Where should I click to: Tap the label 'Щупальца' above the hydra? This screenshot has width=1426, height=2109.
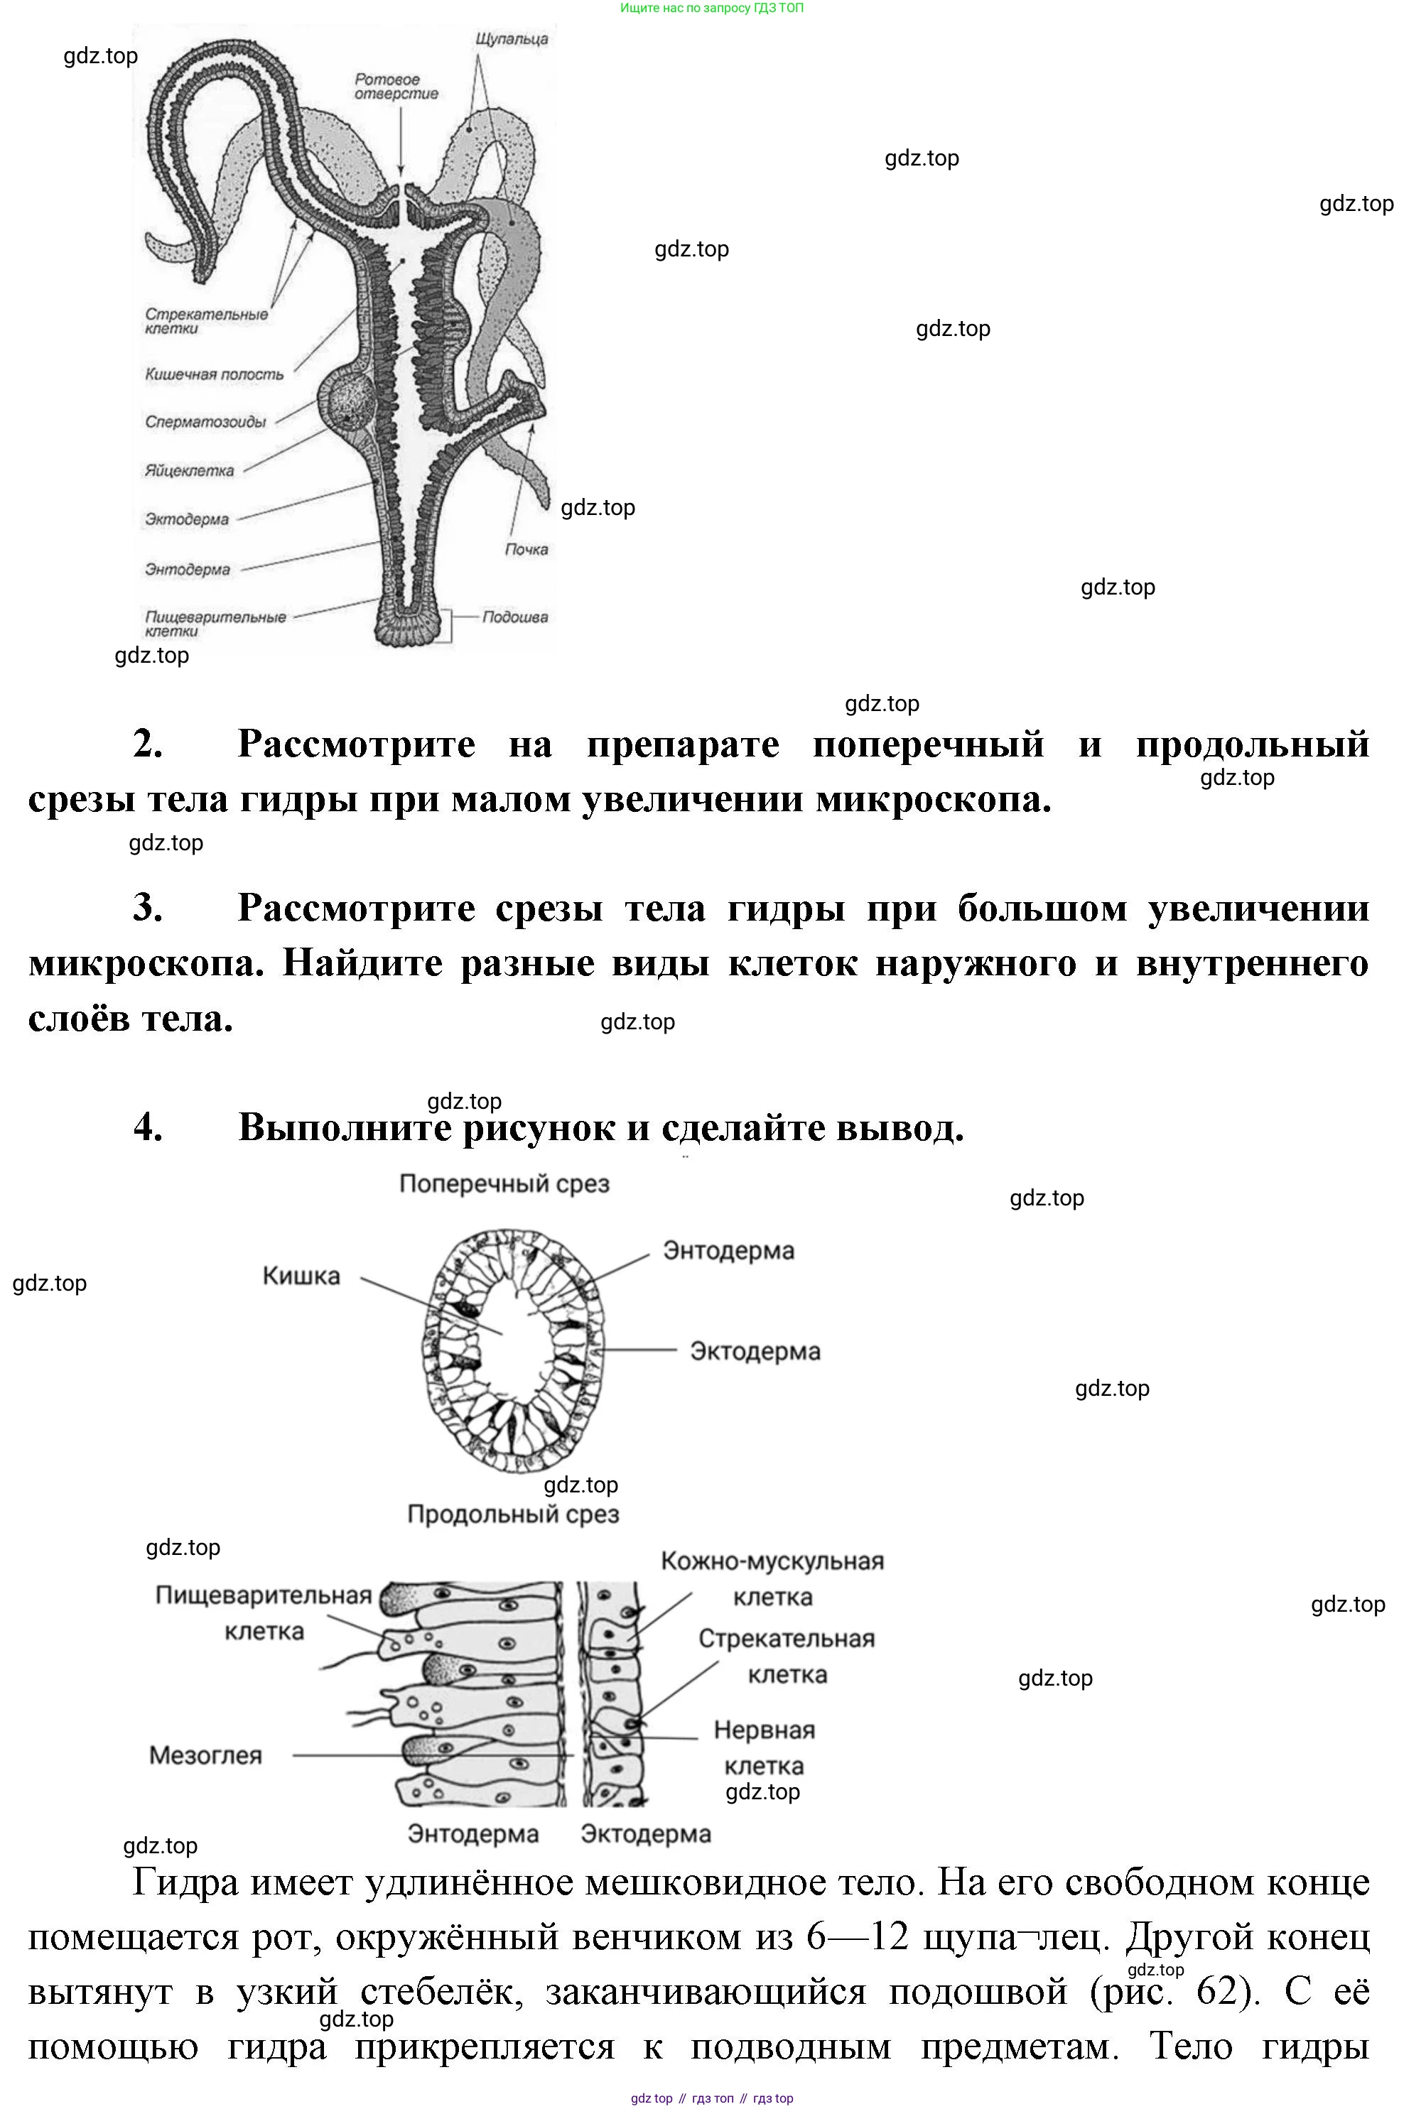511,40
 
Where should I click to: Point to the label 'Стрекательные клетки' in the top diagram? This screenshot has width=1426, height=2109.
206,321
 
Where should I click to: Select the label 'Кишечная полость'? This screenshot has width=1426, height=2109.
214,374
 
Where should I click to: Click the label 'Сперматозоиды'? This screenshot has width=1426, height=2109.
205,422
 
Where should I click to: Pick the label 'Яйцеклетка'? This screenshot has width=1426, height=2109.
189,471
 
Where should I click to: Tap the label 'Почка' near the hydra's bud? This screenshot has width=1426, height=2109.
526,549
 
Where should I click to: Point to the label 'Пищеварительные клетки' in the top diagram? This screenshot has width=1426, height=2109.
215,624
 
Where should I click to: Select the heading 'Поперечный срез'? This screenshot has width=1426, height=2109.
504,1183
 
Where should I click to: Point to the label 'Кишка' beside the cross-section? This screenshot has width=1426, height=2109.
301,1276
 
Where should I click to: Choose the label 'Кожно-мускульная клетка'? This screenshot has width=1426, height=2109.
772,1579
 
